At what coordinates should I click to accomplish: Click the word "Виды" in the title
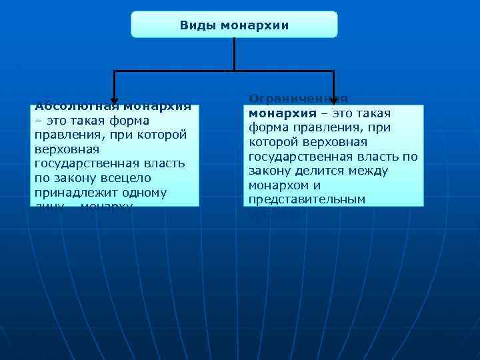tap(194, 25)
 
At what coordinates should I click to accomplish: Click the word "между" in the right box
tap(367, 171)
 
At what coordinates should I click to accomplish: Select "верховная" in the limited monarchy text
tap(337, 142)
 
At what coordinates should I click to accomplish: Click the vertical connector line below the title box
tap(234, 53)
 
